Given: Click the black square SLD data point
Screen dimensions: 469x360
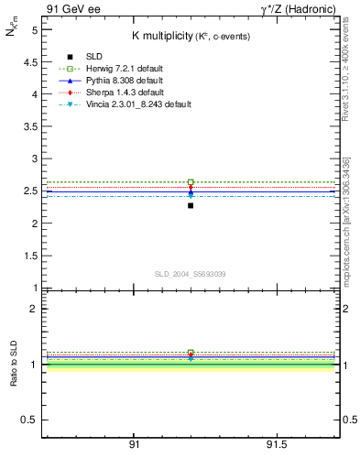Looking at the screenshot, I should coord(191,205).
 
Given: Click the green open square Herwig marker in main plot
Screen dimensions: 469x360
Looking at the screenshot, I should coord(191,182).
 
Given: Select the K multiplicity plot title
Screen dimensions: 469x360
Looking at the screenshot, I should coord(190,36).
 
